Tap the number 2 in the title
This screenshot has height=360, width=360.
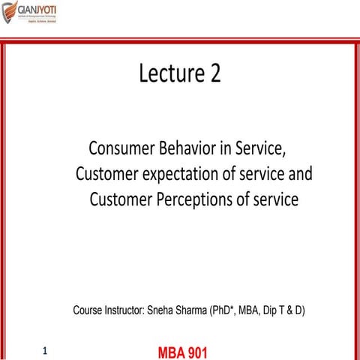click(x=214, y=73)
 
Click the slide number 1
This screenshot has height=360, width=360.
click(x=45, y=350)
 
